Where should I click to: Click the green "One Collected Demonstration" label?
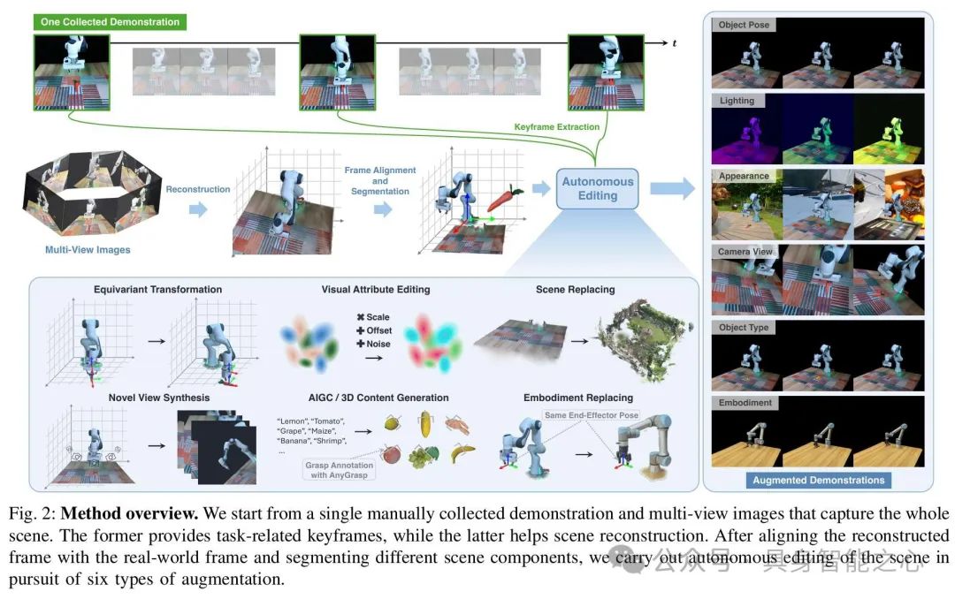[x=111, y=21]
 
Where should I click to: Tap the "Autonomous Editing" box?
[x=598, y=188]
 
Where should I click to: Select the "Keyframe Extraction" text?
[x=557, y=127]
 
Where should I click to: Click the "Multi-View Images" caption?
[x=88, y=250]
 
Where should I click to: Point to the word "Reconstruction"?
[x=198, y=189]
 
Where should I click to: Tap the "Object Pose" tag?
[x=744, y=25]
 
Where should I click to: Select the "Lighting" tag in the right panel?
[x=737, y=102]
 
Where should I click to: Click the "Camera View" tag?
[x=745, y=252]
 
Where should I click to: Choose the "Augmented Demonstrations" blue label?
[x=818, y=481]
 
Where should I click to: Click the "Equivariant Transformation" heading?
[x=158, y=289]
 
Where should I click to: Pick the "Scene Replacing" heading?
[x=575, y=289]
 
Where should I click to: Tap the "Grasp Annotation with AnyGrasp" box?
[x=340, y=468]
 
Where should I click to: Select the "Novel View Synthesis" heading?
[x=158, y=398]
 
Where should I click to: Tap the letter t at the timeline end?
[x=675, y=42]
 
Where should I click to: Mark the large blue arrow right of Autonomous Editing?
[x=672, y=188]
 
